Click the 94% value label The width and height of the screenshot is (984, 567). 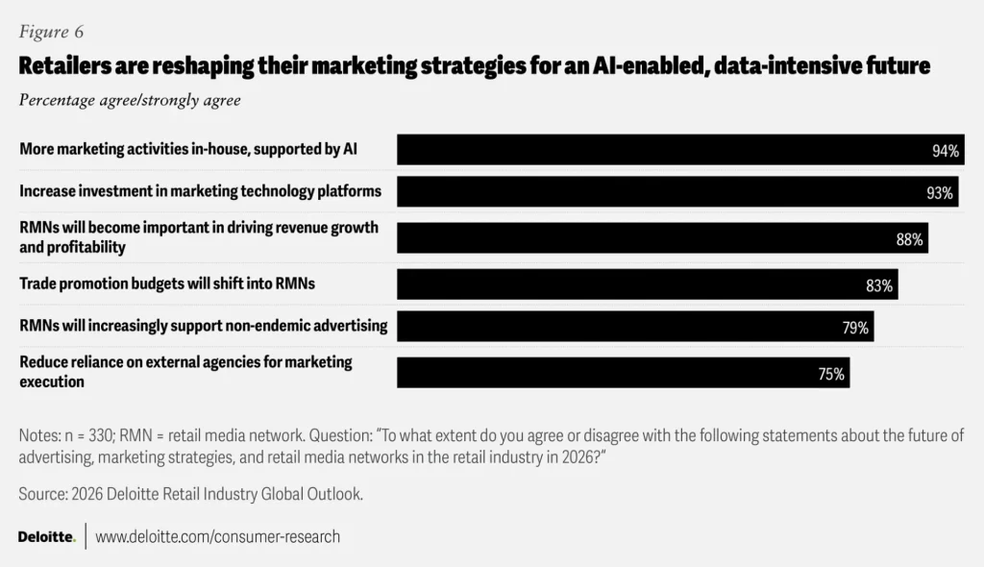pyautogui.click(x=946, y=151)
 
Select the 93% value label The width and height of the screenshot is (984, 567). pyautogui.click(x=940, y=193)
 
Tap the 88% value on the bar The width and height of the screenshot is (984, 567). pyautogui.click(x=909, y=240)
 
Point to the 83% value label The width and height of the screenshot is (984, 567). pyautogui.click(x=879, y=285)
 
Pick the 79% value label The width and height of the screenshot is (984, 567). pyautogui.click(x=855, y=328)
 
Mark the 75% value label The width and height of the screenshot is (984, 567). pyautogui.click(x=831, y=374)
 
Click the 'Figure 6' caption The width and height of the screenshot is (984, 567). pyautogui.click(x=51, y=32)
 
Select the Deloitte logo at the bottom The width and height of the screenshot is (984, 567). pyautogui.click(x=46, y=536)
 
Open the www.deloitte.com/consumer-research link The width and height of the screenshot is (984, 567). pyautogui.click(x=217, y=536)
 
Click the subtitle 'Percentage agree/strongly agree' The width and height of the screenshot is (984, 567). pyautogui.click(x=130, y=100)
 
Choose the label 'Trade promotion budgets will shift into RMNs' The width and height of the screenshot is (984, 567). pyautogui.click(x=167, y=283)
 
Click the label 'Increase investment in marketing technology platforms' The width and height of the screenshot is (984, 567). pyautogui.click(x=200, y=190)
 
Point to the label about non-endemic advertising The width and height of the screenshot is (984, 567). pyautogui.click(x=203, y=326)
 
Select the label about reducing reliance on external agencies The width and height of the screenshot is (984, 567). pyautogui.click(x=185, y=371)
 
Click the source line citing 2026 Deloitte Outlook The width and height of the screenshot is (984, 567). pyautogui.click(x=190, y=493)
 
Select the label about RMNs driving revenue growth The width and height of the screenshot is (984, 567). pyautogui.click(x=199, y=237)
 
